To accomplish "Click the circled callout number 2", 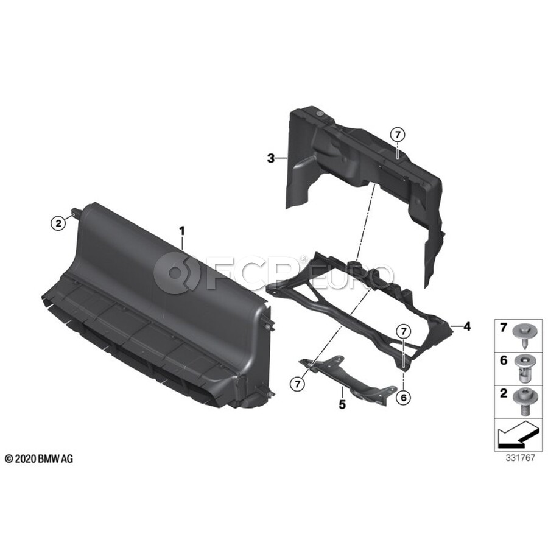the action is (58, 223).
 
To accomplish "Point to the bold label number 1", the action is (181, 231).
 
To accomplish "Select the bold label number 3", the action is (270, 159).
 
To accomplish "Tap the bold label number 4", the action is (467, 326).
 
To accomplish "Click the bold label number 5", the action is (342, 404).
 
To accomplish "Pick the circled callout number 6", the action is (404, 397).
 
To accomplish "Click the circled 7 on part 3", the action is (398, 134).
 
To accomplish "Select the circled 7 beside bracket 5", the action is (297, 384).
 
